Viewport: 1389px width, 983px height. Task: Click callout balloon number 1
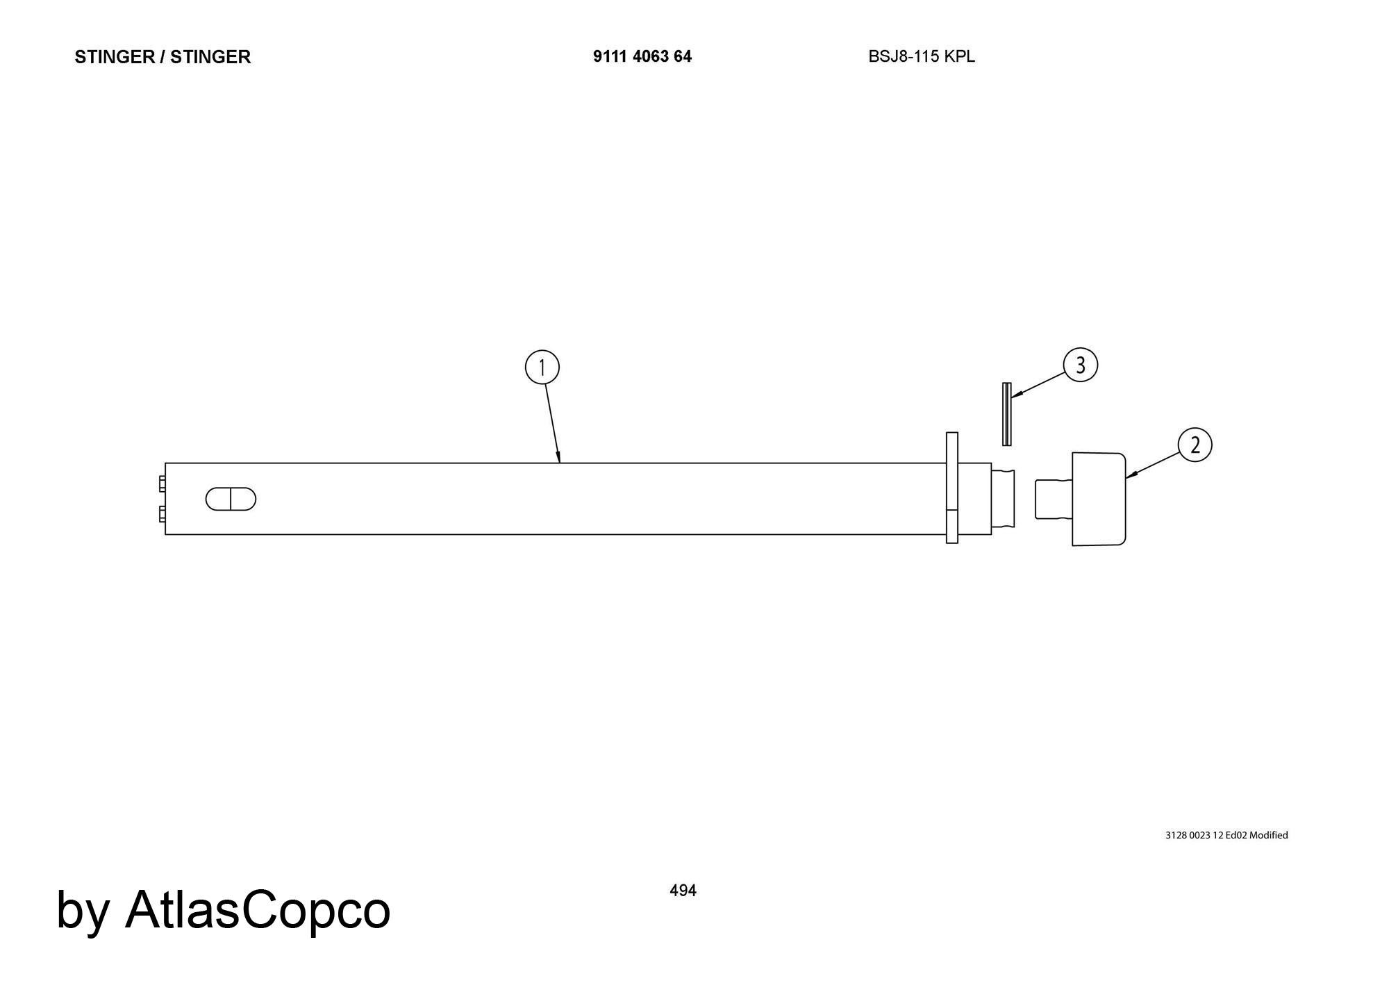pos(542,367)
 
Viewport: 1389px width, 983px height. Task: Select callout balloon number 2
pos(1195,445)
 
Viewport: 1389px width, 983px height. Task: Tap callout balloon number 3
pos(1080,365)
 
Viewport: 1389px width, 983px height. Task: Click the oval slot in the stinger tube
pos(231,499)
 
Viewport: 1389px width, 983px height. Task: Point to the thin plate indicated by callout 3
pos(1006,413)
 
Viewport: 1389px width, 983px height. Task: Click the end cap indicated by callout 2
pos(1098,499)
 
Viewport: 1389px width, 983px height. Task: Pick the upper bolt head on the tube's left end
pos(162,484)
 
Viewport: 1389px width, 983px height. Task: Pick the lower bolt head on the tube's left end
pos(162,514)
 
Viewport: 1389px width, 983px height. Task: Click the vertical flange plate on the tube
pos(952,488)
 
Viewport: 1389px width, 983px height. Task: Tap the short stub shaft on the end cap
pos(1054,499)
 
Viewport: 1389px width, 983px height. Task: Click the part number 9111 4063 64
pos(642,56)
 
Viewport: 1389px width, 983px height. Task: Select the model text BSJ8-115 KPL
pos(922,56)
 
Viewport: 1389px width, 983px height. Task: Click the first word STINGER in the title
pos(115,57)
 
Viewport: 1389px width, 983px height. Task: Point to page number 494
pos(683,890)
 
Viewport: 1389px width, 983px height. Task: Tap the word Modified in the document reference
pos(1268,835)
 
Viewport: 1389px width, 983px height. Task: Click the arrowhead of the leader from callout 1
pos(558,456)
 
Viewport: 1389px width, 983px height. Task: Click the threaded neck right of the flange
pos(1003,499)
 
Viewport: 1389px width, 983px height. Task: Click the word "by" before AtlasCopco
pos(83,911)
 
